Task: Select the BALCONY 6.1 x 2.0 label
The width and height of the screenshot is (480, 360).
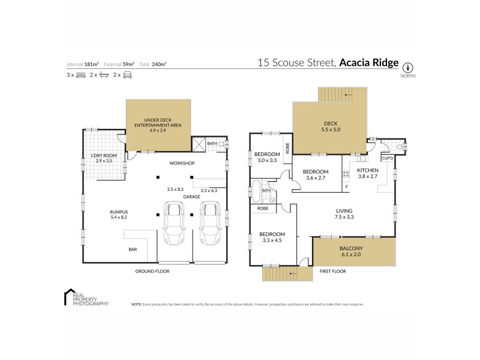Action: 353,250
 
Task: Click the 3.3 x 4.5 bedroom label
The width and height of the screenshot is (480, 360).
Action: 271,237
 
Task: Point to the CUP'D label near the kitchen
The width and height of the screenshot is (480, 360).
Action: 387,158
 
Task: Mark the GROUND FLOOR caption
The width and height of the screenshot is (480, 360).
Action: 153,271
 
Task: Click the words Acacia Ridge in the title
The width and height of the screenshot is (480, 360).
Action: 368,62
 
